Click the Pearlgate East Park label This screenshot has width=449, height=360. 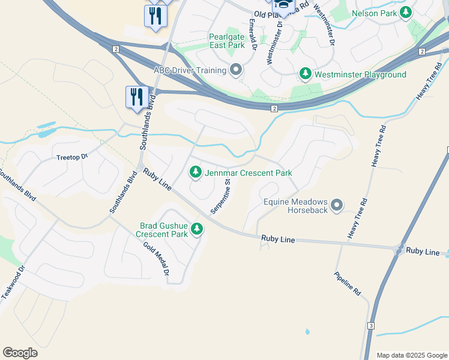(227, 41)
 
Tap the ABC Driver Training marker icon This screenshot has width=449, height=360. (236, 71)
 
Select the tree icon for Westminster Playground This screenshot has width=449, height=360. (306, 74)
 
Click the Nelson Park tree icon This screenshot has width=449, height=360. (406, 12)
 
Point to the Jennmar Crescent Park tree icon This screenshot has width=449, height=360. (196, 173)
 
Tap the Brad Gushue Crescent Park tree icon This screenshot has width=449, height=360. (196, 229)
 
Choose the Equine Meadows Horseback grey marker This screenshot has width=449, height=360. (337, 206)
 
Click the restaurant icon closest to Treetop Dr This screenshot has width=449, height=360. (137, 97)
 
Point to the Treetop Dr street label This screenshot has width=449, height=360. (72, 157)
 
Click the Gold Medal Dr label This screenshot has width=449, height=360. (157, 257)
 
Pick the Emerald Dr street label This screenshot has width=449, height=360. (253, 36)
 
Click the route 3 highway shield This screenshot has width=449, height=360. (371, 326)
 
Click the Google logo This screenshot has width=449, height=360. (20, 353)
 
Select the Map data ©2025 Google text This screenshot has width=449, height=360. (411, 355)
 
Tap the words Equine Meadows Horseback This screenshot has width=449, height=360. (296, 206)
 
